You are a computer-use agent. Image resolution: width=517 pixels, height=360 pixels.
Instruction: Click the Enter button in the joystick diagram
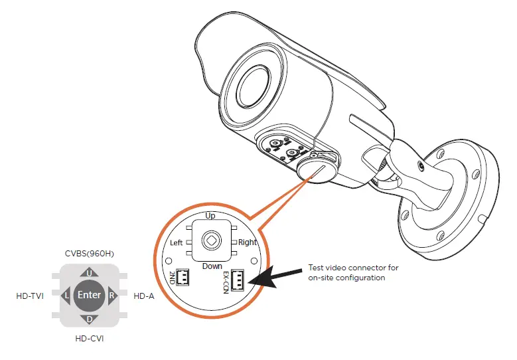pos(89,295)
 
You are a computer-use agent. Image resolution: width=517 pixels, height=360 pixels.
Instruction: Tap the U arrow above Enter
pos(89,272)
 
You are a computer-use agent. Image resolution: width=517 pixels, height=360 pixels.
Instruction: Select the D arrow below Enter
pos(89,319)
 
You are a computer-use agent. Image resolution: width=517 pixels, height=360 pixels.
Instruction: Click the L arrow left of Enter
pos(66,296)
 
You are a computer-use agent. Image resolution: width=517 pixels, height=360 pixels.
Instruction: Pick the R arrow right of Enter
pos(112,296)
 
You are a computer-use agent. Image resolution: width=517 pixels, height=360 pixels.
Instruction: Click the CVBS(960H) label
pos(89,252)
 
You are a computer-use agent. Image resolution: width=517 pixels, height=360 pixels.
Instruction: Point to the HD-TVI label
pos(30,296)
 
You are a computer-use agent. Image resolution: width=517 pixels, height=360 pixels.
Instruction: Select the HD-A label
pos(144,296)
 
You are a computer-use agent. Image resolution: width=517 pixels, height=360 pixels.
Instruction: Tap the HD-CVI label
pos(89,339)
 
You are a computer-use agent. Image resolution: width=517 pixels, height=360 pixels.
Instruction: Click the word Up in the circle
pos(210,217)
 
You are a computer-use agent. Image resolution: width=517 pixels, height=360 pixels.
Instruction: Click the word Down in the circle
pos(212,266)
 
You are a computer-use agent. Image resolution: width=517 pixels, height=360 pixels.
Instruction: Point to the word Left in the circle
pos(177,243)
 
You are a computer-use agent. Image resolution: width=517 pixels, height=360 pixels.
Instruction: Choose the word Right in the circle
pos(248,243)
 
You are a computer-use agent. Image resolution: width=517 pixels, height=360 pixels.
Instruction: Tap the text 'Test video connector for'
pos(353,268)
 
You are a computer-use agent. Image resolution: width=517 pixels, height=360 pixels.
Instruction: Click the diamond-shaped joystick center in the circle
pos(212,240)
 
